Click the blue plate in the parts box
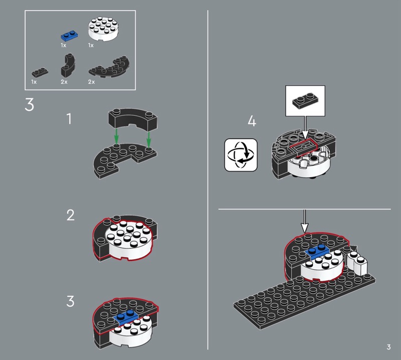point(69,36)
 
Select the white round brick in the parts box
point(104,29)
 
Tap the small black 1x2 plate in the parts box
point(40,72)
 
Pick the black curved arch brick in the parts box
point(68,65)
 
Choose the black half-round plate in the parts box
point(109,68)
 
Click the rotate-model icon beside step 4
point(241,155)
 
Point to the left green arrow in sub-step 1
point(116,137)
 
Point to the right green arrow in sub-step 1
point(148,137)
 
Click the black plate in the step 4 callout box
point(306,101)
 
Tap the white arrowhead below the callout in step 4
point(305,135)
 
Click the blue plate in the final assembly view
point(317,251)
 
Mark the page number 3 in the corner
point(388,347)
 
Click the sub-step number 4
point(252,121)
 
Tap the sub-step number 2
point(70,215)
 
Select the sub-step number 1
point(69,119)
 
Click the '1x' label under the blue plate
point(64,45)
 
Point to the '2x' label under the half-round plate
point(91,82)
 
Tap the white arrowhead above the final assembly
point(305,228)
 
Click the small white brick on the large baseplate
point(356,262)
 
